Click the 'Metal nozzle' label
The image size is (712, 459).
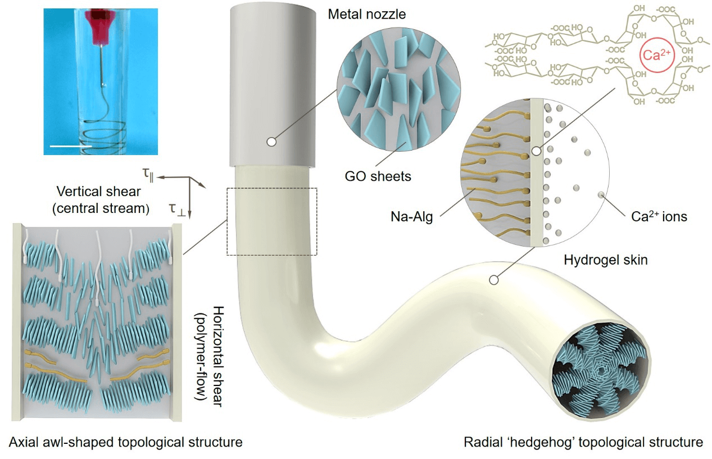pos(366,13)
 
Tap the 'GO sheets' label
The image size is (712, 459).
pos(378,176)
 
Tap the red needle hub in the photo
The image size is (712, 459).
pos(103,20)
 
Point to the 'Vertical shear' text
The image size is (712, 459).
pos(98,192)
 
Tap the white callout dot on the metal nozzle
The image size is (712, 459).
pos(271,142)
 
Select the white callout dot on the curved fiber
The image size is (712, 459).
pos(495,279)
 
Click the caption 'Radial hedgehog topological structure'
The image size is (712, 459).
pos(583,442)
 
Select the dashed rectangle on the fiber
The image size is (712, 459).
pos(272,221)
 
